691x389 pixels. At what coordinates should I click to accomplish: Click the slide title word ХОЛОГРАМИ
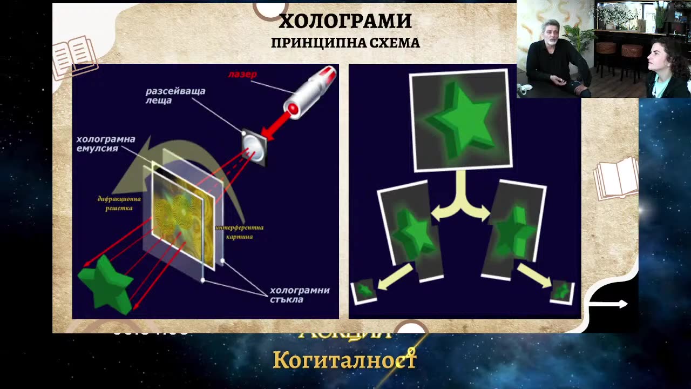point(345,21)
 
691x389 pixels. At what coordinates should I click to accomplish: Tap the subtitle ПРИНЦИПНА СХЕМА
point(345,43)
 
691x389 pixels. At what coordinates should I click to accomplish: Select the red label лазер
point(242,75)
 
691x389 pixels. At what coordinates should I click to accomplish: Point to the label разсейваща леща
point(175,96)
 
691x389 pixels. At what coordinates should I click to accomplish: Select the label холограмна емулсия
point(106,144)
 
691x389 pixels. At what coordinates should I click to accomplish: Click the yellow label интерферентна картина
point(239,232)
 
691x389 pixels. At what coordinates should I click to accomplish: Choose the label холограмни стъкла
point(300,294)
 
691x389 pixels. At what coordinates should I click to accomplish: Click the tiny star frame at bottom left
point(364,291)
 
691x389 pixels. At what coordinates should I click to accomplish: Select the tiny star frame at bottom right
point(562,292)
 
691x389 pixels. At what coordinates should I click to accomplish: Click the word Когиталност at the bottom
point(344,360)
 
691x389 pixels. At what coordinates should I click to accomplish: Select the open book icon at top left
point(75,55)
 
